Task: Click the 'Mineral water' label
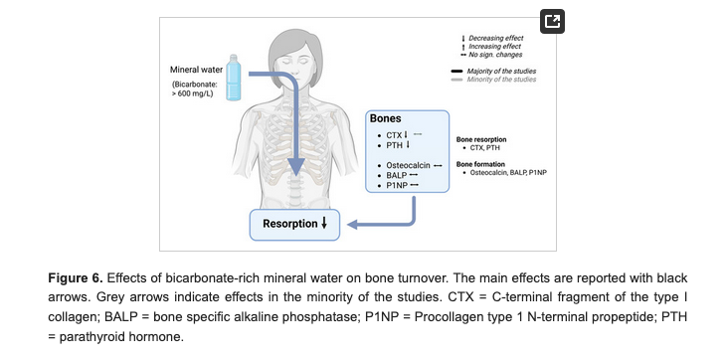pos(197,69)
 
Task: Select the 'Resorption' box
pos(294,224)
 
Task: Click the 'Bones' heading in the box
pos(385,118)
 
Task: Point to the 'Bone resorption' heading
pos(483,140)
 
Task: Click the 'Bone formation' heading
pos(482,164)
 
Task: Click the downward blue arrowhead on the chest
pos(293,168)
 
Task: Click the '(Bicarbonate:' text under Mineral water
pos(196,86)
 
